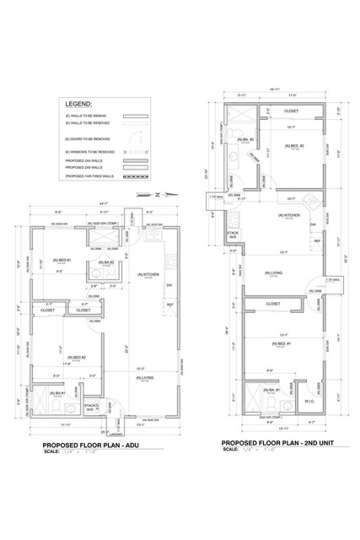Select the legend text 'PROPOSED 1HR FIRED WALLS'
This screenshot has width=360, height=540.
[x=86, y=177]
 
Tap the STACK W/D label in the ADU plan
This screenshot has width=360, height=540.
[x=92, y=408]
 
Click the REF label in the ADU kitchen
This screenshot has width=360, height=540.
[x=169, y=304]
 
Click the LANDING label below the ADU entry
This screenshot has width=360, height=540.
[x=112, y=437]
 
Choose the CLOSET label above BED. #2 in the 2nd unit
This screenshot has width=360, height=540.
[x=291, y=111]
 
